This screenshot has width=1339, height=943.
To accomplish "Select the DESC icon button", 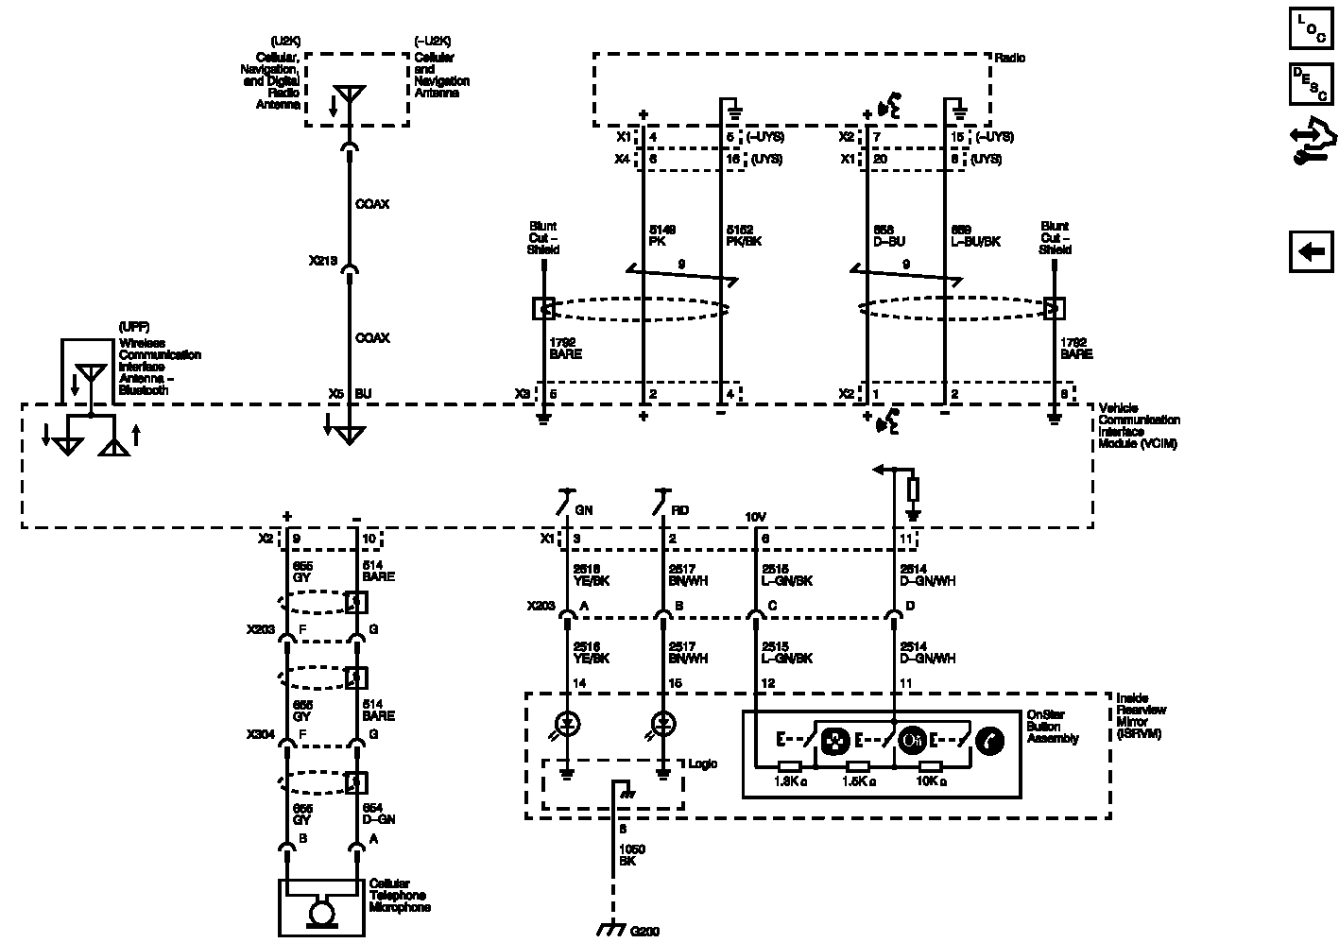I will (1311, 83).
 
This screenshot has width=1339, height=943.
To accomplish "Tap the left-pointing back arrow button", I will (1311, 251).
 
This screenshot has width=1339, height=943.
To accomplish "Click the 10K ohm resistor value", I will (930, 781).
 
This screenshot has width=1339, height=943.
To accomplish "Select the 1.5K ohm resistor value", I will (858, 781).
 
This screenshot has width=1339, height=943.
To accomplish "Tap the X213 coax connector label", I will (323, 261).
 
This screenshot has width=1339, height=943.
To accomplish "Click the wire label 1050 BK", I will (632, 855).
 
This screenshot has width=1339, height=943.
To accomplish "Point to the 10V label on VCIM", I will (755, 518).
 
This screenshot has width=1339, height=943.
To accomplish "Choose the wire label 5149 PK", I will (661, 235).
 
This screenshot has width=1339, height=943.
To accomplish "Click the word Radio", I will (1009, 59).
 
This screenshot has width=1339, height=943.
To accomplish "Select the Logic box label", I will (702, 763).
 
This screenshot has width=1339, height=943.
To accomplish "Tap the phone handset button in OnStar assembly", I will (989, 740).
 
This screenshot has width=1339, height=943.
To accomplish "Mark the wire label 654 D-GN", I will (379, 814).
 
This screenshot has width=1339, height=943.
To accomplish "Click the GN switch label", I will (584, 510).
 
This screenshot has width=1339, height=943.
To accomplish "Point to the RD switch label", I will (680, 510).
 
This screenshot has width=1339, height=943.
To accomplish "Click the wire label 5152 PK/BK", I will (744, 235).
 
